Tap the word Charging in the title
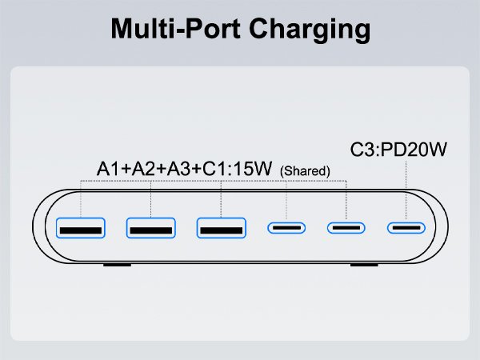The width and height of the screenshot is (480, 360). tap(307, 29)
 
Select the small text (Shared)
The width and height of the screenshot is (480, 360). tap(305, 171)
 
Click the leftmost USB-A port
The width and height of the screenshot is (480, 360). tap(81, 228)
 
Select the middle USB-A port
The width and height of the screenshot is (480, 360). tap(150, 228)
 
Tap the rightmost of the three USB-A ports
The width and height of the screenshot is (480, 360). tap(220, 228)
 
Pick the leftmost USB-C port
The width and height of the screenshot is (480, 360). tap(286, 228)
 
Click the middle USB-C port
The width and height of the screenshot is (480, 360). tap(346, 228)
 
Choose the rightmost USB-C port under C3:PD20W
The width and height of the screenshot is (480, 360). tap(406, 228)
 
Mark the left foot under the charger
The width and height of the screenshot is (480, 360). tap(118, 264)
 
